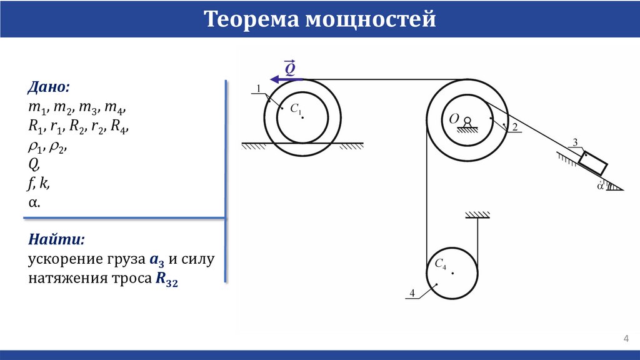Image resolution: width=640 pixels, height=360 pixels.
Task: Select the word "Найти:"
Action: point(56,240)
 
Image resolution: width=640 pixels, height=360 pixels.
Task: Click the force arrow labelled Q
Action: point(285,79)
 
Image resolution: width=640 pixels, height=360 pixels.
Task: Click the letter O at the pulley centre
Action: point(454,117)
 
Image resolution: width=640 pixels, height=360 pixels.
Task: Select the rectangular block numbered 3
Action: point(592,162)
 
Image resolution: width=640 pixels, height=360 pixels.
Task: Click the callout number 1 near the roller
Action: point(257,89)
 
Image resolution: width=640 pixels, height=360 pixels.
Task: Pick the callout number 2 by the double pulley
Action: point(515,127)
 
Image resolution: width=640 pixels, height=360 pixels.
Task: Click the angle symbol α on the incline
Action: point(601,186)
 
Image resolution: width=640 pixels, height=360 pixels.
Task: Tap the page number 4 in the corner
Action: point(626,339)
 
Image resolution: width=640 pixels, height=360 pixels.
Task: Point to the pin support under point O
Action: point(467,125)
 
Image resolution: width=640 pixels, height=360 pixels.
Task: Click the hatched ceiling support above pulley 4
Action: point(477,216)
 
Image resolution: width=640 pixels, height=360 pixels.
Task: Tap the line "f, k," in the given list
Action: point(39,184)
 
